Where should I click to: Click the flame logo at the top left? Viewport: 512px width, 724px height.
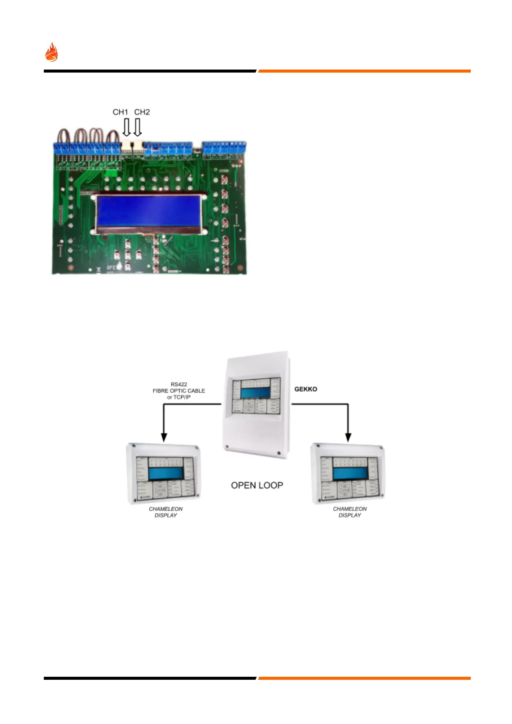[x=52, y=52]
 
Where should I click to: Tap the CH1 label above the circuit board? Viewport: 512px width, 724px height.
[x=120, y=112]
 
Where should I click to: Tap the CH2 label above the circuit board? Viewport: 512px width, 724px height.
[x=142, y=112]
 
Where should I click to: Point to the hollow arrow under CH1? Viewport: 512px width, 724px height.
[x=126, y=128]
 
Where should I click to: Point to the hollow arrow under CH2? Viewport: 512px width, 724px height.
[x=137, y=128]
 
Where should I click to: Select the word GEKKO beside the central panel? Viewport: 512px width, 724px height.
[x=306, y=389]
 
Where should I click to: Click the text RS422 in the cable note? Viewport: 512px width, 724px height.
[x=179, y=384]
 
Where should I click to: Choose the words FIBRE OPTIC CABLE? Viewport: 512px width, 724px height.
[x=179, y=391]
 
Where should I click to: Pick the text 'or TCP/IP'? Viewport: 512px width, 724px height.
[x=179, y=397]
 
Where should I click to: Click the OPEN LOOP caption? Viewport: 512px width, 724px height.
[x=257, y=485]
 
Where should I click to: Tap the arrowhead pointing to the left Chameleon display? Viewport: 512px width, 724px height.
[x=164, y=437]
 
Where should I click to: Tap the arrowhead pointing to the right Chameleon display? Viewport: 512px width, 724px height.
[x=348, y=437]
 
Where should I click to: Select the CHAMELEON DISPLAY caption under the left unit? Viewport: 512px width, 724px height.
[x=166, y=512]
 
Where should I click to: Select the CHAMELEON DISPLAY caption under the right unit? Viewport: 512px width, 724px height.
[x=350, y=512]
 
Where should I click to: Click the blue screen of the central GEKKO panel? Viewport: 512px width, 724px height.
[x=257, y=393]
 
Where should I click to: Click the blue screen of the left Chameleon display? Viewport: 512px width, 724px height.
[x=166, y=474]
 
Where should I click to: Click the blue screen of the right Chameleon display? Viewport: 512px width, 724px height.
[x=350, y=474]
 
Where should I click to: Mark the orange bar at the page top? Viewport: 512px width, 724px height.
[x=364, y=71]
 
